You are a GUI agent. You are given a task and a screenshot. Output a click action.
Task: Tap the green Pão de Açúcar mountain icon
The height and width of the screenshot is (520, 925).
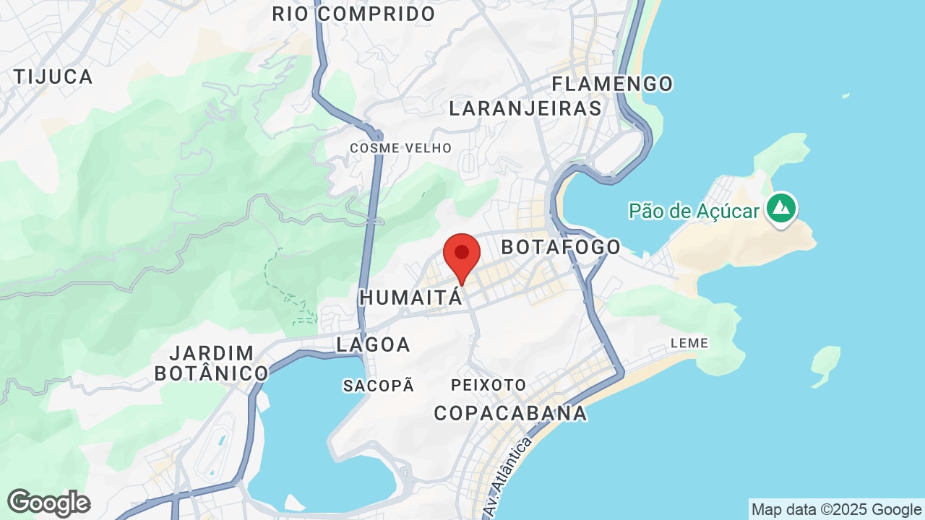780,209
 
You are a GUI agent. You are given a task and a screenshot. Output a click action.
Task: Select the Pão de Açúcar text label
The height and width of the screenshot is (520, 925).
694,211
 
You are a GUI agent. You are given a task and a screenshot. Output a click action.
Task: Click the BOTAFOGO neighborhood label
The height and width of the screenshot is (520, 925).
561,247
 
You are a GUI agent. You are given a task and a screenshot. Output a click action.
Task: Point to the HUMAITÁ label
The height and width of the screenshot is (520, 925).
410,297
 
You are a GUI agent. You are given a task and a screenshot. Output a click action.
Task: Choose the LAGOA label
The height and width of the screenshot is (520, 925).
374,344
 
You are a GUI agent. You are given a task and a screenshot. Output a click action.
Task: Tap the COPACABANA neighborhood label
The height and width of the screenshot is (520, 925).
510,413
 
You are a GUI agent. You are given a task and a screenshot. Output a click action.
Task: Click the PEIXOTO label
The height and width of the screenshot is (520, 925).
489,385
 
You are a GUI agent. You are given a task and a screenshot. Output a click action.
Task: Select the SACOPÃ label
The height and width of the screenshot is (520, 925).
379,386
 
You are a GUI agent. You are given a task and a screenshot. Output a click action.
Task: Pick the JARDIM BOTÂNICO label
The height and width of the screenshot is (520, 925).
212,363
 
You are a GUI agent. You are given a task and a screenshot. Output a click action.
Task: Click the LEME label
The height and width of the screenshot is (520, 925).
689,343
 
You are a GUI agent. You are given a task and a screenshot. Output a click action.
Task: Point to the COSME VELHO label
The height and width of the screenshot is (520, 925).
400,148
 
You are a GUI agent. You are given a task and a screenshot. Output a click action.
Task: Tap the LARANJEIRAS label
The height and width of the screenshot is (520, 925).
525,108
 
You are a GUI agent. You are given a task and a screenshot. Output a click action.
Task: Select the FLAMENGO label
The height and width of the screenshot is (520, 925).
612,84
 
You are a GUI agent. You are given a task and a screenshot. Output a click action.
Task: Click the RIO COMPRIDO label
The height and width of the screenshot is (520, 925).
353,14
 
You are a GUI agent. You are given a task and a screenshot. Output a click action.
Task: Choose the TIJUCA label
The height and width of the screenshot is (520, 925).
53,77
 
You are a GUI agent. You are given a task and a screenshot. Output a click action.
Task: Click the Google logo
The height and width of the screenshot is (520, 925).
48,503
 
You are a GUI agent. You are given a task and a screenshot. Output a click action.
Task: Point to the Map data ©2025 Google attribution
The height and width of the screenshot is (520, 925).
836,510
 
